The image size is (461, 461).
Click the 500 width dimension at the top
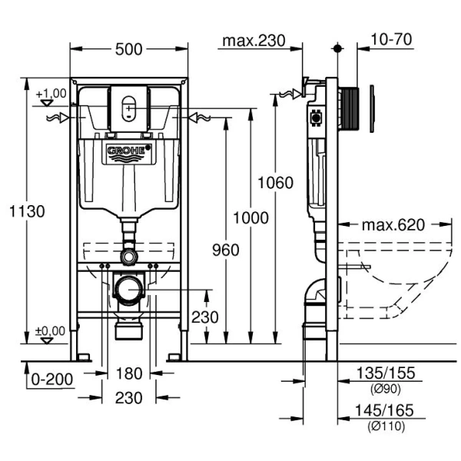(129, 49)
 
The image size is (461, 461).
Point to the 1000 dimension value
(251, 217)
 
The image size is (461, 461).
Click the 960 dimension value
(224, 250)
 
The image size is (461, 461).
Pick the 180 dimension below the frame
(130, 374)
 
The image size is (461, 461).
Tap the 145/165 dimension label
(385, 411)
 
